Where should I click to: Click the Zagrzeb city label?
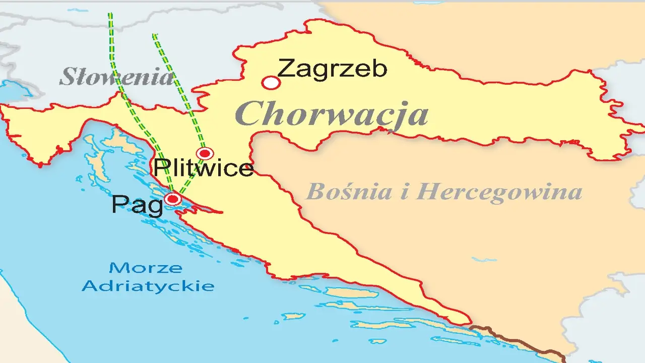[x=332, y=69]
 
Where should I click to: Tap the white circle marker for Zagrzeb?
[x=271, y=83]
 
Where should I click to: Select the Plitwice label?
[x=203, y=168]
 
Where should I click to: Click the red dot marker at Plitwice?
[x=205, y=153]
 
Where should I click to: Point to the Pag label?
[x=137, y=205]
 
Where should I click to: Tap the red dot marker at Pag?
[x=173, y=199]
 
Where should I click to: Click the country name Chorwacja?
[x=332, y=114]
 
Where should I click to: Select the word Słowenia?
[x=116, y=77]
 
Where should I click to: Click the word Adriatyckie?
[x=148, y=286]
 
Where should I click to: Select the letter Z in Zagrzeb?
[x=286, y=69]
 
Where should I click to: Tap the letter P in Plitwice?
[x=161, y=168]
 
